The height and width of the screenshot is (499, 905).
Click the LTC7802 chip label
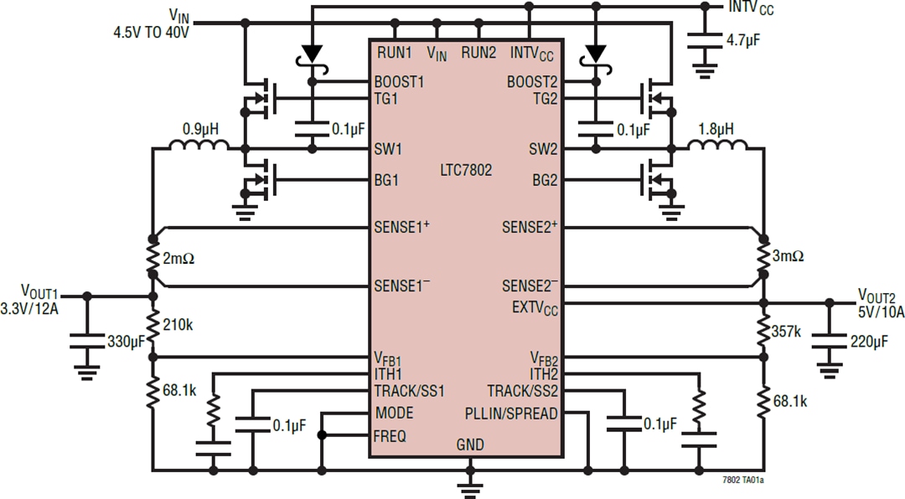[x=466, y=170]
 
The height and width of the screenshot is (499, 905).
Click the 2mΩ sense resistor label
[x=179, y=259]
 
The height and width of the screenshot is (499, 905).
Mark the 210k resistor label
[x=179, y=324]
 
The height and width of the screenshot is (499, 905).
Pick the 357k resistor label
[x=787, y=332]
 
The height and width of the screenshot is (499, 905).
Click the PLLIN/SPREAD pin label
[x=512, y=414]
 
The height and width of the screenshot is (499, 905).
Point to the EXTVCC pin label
[x=535, y=307]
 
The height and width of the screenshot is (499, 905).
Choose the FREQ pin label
[x=390, y=435]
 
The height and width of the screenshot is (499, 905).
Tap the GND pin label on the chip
[x=470, y=445]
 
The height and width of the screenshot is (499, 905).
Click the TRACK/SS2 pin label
[x=523, y=391]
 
